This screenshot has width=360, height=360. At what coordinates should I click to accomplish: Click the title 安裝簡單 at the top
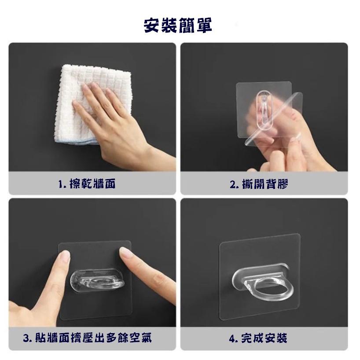click(x=178, y=25)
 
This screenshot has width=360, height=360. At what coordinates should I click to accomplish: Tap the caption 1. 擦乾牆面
click(x=87, y=184)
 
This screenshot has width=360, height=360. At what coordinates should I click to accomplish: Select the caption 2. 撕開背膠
click(x=259, y=184)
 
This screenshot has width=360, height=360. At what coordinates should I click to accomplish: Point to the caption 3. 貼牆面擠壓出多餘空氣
click(x=87, y=338)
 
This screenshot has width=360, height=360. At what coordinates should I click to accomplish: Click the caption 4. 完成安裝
click(x=258, y=338)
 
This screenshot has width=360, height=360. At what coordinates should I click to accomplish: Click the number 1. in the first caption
click(x=61, y=184)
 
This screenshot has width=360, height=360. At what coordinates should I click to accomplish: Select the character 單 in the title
click(x=203, y=25)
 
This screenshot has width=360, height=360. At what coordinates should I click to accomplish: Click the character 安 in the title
click(x=152, y=25)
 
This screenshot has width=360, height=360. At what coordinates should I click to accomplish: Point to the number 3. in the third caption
click(x=27, y=338)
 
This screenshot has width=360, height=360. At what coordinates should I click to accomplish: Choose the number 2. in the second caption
click(x=234, y=184)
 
